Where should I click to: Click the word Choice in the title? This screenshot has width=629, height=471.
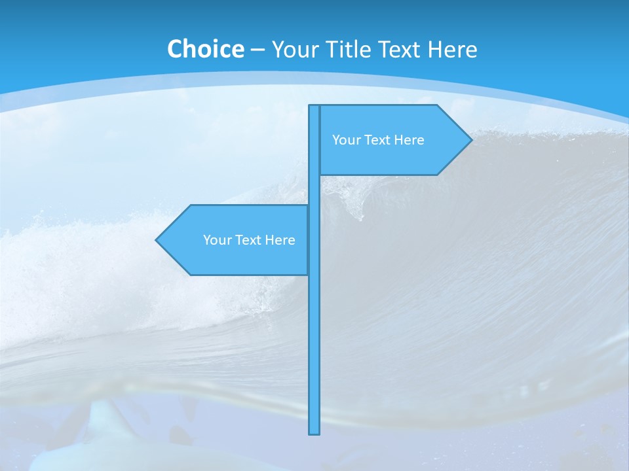pos(205,49)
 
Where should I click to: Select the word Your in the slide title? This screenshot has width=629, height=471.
pos(293,49)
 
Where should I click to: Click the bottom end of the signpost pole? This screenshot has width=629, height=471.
pos(314,432)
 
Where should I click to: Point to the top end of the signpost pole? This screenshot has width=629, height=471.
pos(314,107)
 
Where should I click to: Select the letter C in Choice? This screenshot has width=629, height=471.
pos(175,49)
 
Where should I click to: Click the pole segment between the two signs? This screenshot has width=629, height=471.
pos(314,190)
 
